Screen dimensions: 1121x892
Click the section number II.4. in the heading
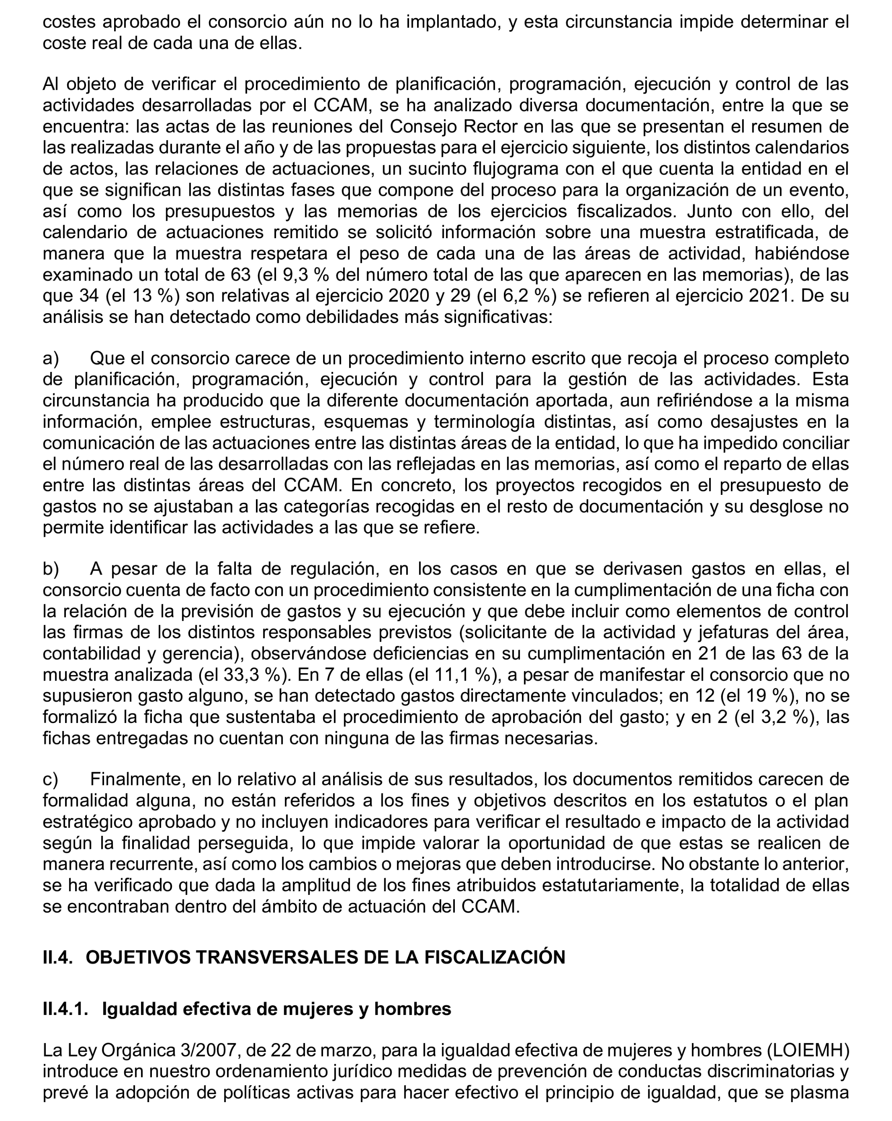[58, 957]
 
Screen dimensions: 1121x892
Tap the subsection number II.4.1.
[65, 1009]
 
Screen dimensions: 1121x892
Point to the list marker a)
[50, 358]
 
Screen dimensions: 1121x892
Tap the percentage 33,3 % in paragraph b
[250, 675]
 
